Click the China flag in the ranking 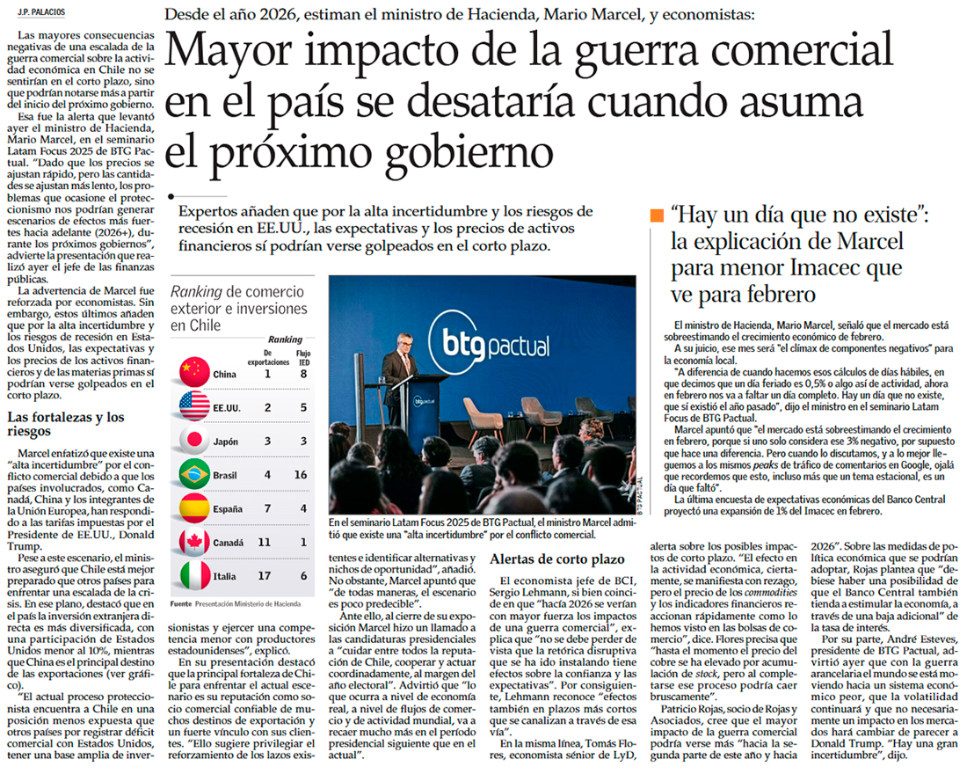point(193,373)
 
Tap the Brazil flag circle point(193,475)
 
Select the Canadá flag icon point(193,543)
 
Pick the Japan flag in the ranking point(193,442)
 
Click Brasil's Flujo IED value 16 point(302,475)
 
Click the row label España point(228,509)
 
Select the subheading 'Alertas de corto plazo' point(556,559)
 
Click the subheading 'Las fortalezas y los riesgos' point(65,424)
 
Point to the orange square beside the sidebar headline point(656,215)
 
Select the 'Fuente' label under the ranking point(180,604)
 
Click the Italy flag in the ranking point(193,576)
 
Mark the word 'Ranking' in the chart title point(195,293)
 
